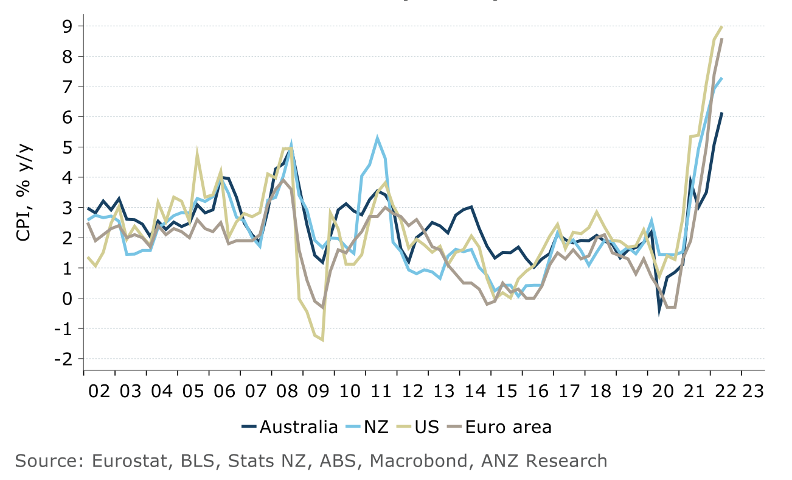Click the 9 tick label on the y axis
click(66, 26)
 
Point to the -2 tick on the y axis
click(63, 359)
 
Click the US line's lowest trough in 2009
click(322, 340)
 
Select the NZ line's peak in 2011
click(377, 138)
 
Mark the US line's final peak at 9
click(721, 26)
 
